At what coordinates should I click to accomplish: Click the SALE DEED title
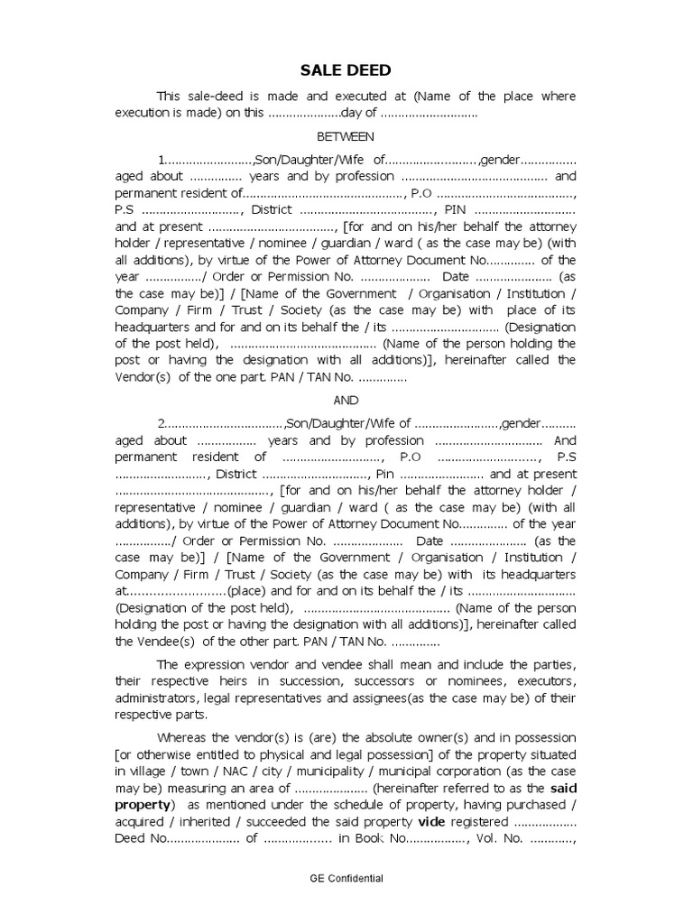346,71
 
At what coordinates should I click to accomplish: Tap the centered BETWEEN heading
346,136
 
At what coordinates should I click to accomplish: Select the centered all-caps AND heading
346,400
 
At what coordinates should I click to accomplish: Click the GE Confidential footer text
346,878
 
